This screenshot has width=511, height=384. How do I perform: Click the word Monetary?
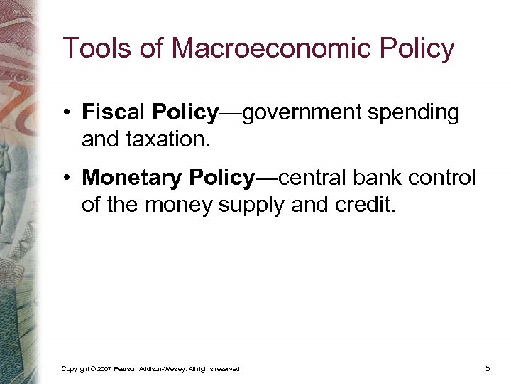[x=133, y=178]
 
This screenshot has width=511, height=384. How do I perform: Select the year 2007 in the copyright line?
[x=104, y=369]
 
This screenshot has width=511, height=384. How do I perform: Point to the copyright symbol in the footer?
[x=90, y=369]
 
